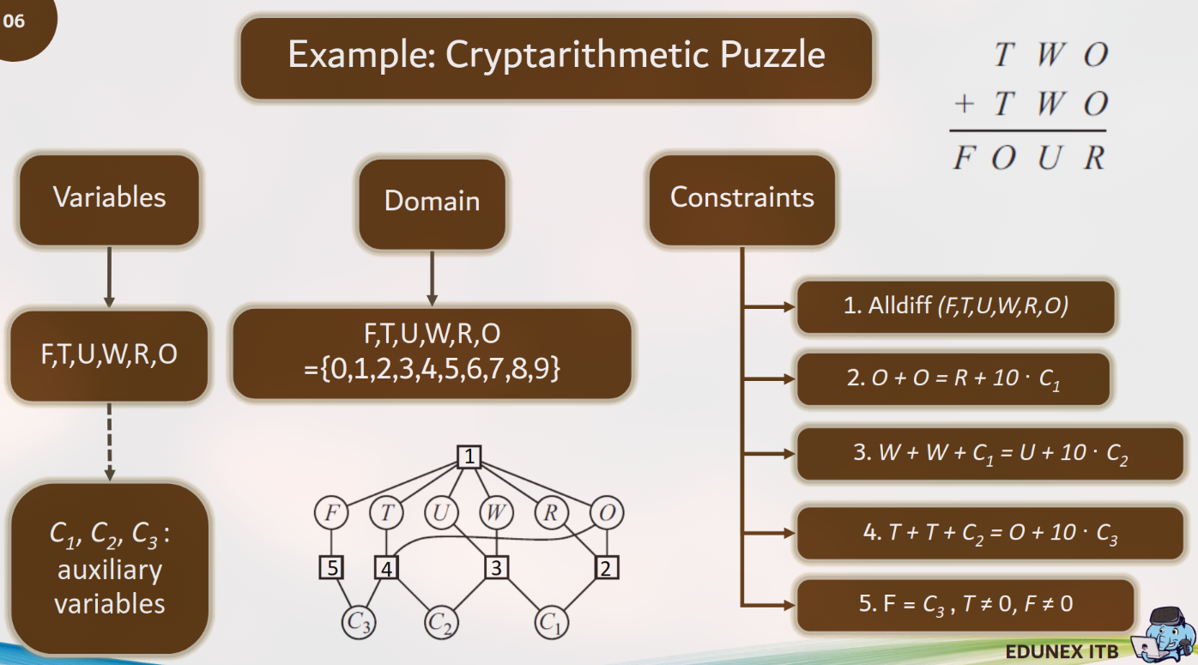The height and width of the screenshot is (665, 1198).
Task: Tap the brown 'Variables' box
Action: point(109,197)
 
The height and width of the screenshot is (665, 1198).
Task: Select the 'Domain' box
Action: point(432,202)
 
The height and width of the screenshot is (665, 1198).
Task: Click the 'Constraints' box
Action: point(741,198)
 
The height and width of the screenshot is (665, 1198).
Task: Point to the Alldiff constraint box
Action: point(955,306)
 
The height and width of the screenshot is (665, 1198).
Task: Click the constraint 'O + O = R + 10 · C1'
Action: point(953,378)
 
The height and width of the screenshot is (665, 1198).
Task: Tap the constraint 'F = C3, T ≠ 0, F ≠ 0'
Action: point(965,604)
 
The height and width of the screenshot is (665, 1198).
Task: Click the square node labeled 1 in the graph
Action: point(468,457)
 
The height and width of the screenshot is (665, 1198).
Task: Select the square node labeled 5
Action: point(331,567)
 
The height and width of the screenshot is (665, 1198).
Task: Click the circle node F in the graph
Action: point(330,513)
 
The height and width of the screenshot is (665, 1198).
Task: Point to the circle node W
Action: point(495,513)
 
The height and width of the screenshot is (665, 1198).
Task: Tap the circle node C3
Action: point(359,622)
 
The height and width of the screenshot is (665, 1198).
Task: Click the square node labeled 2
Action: point(607,567)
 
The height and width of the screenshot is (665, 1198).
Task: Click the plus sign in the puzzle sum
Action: point(964,105)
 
